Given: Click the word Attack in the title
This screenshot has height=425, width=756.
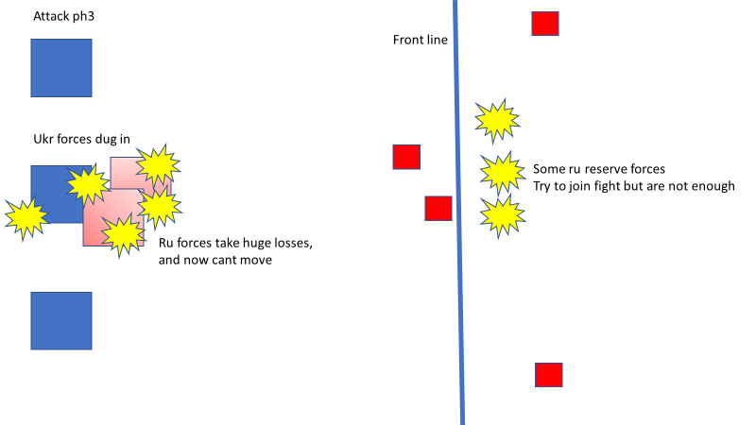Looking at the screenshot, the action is pyautogui.click(x=49, y=17).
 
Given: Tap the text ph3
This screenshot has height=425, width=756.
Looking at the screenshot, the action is pyautogui.click(x=82, y=17).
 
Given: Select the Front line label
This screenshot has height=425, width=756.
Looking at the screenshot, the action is pyautogui.click(x=421, y=40).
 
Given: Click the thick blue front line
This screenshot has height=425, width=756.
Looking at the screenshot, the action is pyautogui.click(x=459, y=283).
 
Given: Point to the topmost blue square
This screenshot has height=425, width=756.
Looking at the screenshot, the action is pyautogui.click(x=61, y=68).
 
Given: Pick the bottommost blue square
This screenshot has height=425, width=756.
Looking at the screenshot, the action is pyautogui.click(x=61, y=320).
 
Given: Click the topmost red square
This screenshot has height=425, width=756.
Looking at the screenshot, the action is pyautogui.click(x=544, y=24).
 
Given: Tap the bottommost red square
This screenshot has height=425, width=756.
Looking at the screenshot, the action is pyautogui.click(x=549, y=375).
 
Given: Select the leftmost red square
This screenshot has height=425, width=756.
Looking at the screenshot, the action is pyautogui.click(x=406, y=157).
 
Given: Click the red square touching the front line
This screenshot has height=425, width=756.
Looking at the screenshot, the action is pyautogui.click(x=438, y=208).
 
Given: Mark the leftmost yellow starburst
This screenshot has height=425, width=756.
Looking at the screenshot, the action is pyautogui.click(x=26, y=217).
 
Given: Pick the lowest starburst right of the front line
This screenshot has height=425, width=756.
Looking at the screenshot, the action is pyautogui.click(x=502, y=216).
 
